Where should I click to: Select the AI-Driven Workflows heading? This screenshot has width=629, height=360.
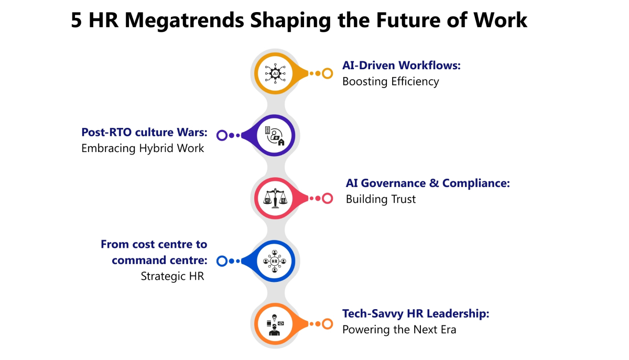(x=401, y=66)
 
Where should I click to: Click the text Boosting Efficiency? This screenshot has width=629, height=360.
(x=391, y=82)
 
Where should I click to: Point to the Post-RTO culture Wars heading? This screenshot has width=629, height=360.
(x=144, y=133)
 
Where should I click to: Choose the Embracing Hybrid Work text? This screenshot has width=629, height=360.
(x=143, y=148)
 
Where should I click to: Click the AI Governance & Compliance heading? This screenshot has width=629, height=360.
(x=428, y=183)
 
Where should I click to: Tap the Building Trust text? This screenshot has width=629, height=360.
(x=381, y=199)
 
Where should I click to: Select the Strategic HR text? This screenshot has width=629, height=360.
(x=172, y=276)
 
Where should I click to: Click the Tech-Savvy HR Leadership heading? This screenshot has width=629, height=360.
(x=416, y=313)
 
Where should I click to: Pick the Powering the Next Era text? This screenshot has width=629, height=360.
(x=399, y=330)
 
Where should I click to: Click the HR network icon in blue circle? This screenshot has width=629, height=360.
(x=275, y=260)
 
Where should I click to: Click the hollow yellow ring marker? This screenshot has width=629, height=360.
(x=328, y=73)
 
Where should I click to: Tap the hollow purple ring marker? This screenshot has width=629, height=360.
(x=222, y=136)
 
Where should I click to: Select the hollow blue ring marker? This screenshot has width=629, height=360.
(x=222, y=260)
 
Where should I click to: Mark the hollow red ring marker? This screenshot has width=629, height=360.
(x=328, y=198)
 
